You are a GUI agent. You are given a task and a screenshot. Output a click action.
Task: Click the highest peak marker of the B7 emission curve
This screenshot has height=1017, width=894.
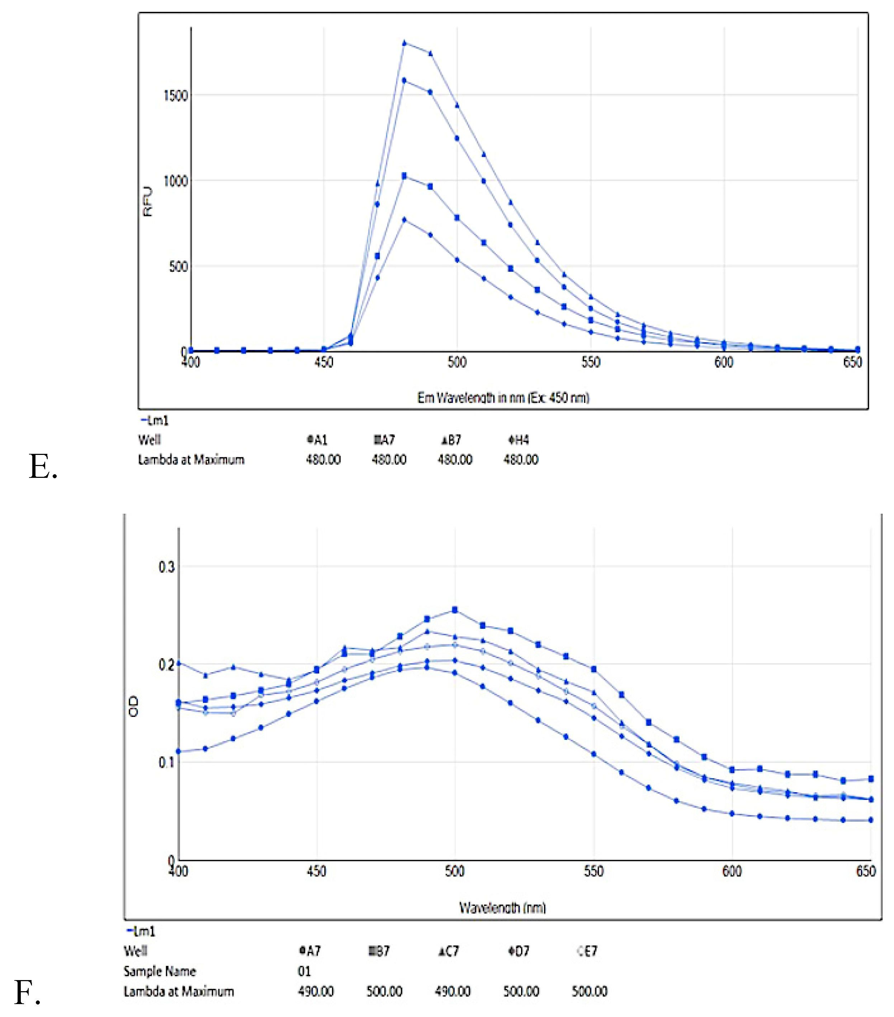[404, 43]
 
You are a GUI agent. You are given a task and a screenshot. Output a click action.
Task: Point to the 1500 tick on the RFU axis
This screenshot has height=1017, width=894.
[175, 95]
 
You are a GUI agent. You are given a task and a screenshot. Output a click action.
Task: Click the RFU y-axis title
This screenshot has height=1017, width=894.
[148, 201]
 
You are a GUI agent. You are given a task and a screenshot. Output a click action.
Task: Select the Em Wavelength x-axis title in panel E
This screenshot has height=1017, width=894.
[503, 398]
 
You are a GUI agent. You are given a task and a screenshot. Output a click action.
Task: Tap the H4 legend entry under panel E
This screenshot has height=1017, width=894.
[518, 440]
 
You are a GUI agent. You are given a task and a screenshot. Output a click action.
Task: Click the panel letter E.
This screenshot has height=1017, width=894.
[42, 467]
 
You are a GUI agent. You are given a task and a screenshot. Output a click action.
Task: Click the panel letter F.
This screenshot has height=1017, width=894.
[26, 992]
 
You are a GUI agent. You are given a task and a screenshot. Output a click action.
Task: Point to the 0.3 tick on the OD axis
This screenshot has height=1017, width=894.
[167, 567]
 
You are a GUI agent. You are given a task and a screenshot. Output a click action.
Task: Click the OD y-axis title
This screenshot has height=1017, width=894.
[133, 707]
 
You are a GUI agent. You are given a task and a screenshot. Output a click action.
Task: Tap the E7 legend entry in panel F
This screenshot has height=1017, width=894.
[587, 951]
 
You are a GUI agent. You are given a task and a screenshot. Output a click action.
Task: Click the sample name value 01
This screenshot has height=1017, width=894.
[304, 971]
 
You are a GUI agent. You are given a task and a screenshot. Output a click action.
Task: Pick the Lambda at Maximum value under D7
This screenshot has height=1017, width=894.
[521, 992]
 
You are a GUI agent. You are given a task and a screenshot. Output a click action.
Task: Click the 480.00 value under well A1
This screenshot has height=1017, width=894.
[323, 459]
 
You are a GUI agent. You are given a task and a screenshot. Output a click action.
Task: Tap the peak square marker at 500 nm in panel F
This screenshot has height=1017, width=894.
[454, 610]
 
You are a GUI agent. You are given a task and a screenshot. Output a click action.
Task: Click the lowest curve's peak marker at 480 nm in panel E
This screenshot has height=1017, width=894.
[404, 219]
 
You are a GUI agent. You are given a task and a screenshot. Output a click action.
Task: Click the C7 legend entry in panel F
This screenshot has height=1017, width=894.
[449, 951]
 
